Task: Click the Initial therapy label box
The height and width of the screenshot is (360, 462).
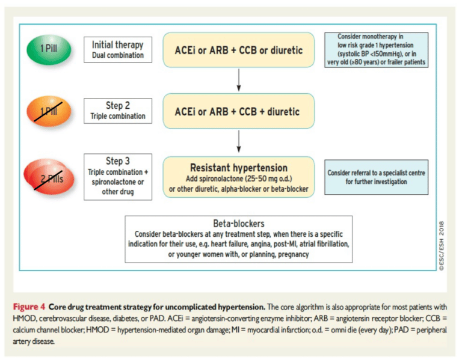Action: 118,50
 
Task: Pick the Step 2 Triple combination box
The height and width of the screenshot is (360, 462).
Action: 118,111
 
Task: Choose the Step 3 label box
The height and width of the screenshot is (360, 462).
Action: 118,174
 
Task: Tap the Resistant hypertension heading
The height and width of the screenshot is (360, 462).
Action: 238,168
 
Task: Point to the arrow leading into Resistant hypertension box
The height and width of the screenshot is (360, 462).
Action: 239,142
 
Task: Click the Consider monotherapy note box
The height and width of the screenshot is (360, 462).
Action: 376,49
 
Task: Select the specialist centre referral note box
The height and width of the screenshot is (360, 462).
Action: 376,177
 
